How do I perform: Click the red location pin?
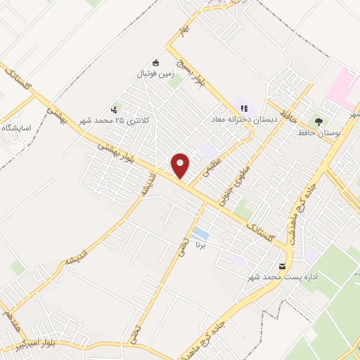(181, 165)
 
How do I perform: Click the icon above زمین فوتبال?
(157, 61)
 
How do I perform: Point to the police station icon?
(114, 109)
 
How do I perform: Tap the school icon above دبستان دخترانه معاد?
(244, 108)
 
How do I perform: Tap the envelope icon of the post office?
(282, 266)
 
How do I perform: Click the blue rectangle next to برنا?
(201, 233)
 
